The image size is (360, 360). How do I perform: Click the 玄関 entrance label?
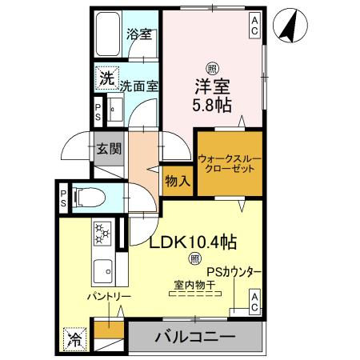[109, 148]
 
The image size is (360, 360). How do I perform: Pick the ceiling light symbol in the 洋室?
[211, 68]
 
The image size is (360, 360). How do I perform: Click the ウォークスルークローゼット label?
[229, 164]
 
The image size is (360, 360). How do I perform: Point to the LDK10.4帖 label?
[195, 240]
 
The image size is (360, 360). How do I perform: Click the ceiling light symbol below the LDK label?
[195, 258]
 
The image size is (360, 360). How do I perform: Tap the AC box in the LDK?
[254, 302]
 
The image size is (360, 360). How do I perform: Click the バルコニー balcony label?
[195, 336]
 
